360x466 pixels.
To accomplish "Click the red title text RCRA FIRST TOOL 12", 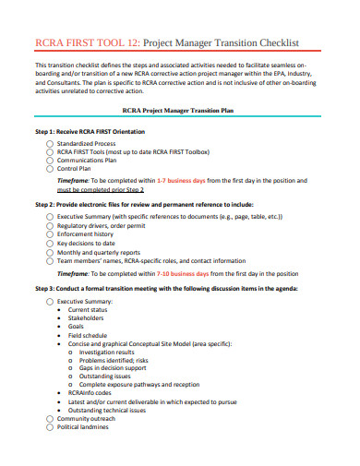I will pyautogui.click(x=87, y=42).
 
